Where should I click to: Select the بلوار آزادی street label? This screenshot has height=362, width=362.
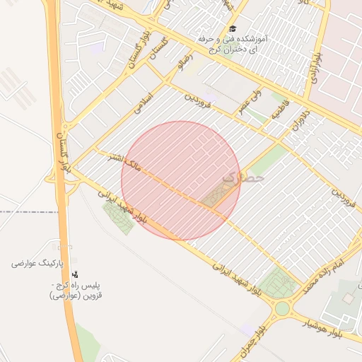tap(316, 68)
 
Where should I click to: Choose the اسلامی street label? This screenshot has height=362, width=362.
tap(144, 102)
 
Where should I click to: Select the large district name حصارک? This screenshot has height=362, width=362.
tap(243, 180)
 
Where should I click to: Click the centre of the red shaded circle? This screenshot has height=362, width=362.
tap(181, 180)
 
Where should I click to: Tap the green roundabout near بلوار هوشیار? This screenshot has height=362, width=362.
tap(282, 308)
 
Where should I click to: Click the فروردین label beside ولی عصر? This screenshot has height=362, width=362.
tap(198, 103)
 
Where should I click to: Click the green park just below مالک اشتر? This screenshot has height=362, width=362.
tap(118, 217)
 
